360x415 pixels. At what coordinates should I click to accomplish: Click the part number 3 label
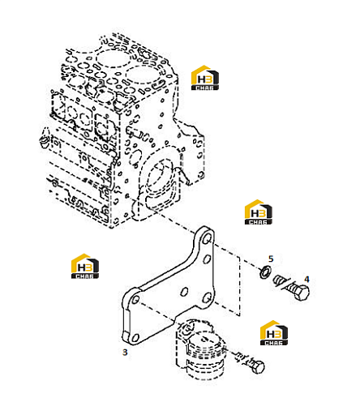[125, 353]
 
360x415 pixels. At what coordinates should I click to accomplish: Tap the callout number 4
[306, 279]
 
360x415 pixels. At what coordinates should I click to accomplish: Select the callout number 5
[271, 259]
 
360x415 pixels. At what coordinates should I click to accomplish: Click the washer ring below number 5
[264, 272]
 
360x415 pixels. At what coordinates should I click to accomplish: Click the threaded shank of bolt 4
[283, 283]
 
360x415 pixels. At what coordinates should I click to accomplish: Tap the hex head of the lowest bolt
[257, 366]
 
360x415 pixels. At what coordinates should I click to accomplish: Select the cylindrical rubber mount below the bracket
[200, 349]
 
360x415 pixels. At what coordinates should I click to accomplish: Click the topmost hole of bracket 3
[208, 239]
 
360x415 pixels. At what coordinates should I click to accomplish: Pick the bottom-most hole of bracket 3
[135, 338]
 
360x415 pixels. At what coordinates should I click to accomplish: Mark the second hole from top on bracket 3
[207, 259]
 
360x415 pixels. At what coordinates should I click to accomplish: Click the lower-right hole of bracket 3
[207, 297]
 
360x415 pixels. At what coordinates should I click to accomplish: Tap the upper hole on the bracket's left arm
[135, 300]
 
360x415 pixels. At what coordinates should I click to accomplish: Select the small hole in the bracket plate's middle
[184, 292]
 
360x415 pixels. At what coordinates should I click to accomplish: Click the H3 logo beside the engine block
[205, 78]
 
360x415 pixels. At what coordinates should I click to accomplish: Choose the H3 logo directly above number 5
[259, 212]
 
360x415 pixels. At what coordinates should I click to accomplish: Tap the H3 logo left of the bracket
[85, 266]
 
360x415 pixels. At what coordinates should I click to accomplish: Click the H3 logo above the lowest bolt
[274, 333]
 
